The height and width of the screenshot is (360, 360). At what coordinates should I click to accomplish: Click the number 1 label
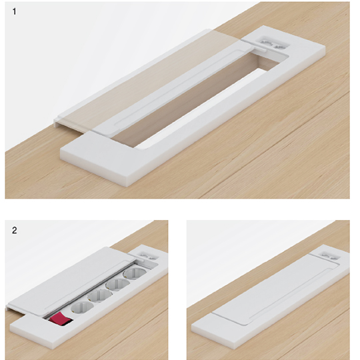point(14,11)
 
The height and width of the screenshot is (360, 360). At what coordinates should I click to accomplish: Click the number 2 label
point(14,230)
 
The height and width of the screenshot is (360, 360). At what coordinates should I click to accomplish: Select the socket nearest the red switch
point(82,307)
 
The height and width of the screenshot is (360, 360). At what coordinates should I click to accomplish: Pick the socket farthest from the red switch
point(135,273)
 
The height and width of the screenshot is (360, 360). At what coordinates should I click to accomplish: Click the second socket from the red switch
point(100,295)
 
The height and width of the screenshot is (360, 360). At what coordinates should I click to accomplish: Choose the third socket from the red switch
point(117,284)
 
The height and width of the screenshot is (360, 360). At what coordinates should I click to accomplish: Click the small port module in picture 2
point(147,256)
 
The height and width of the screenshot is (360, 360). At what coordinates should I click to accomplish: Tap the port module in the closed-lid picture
point(330,255)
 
